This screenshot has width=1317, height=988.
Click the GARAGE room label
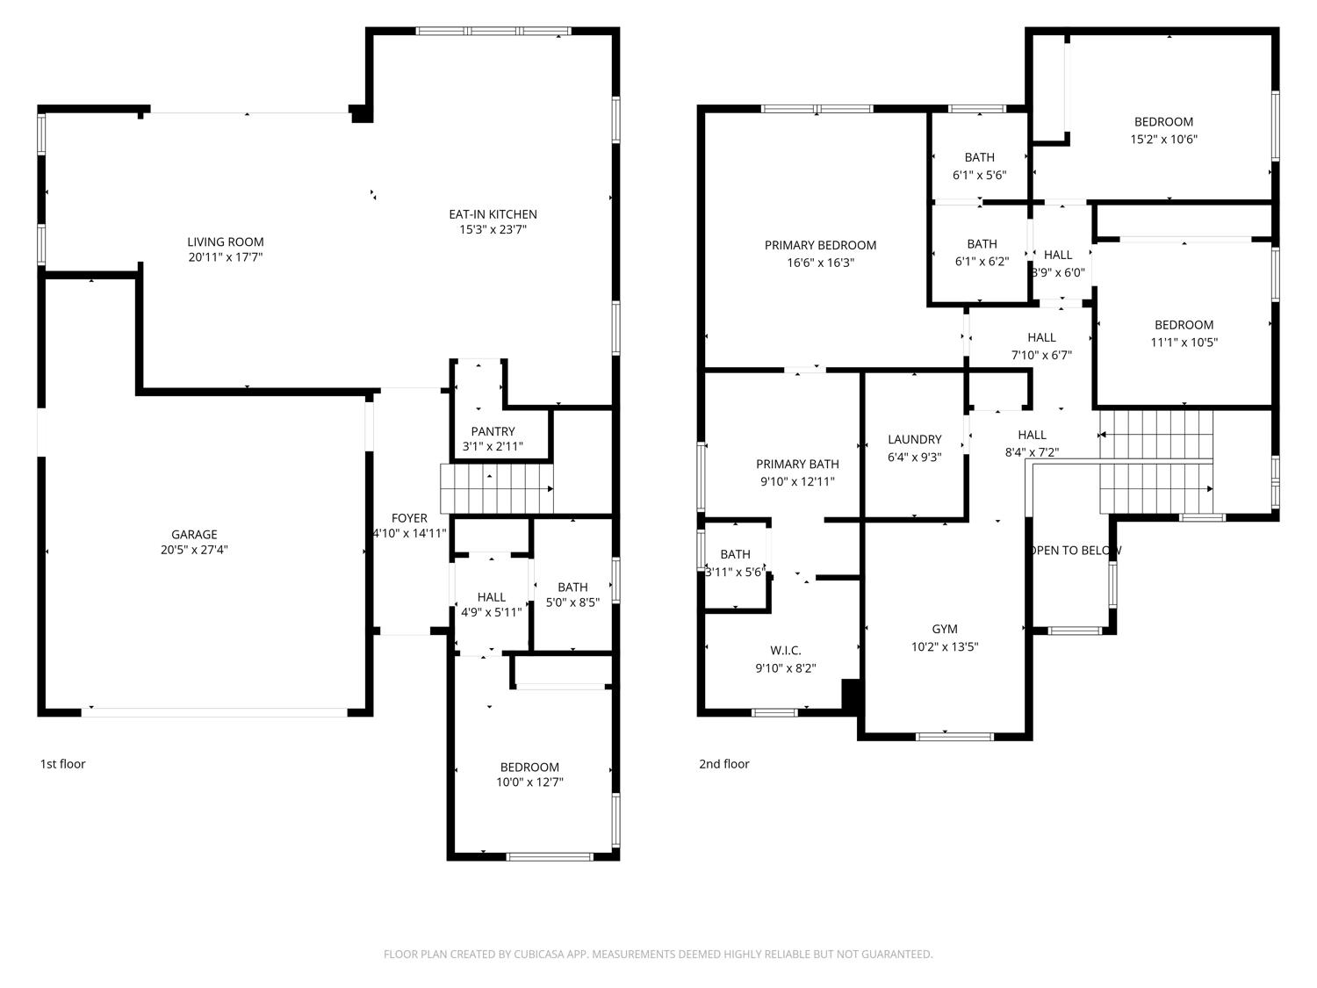coord(194,535)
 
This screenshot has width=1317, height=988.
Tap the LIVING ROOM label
coord(225,242)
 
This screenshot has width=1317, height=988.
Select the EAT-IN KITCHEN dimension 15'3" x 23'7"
coord(493,229)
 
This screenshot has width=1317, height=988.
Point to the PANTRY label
coord(493,431)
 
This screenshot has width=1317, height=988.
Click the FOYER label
coord(409,518)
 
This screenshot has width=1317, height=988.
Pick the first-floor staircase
coord(497,488)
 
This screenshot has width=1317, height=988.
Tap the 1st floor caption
coord(62,764)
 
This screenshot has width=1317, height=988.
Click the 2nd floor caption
coord(723,764)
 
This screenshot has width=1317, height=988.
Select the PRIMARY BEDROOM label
coord(820,245)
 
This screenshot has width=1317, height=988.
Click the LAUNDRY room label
coord(914,439)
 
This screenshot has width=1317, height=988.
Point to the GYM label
coord(945,629)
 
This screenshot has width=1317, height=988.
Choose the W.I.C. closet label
coord(786,650)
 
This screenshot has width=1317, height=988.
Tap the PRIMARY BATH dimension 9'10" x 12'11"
coord(797,481)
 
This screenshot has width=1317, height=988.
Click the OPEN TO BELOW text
coord(1074,550)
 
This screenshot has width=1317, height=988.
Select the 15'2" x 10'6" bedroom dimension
coord(1163,139)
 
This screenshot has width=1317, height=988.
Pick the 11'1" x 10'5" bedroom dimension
coord(1184,342)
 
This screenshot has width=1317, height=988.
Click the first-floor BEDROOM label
coord(529,768)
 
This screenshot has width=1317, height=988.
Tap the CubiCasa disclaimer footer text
coord(658,954)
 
